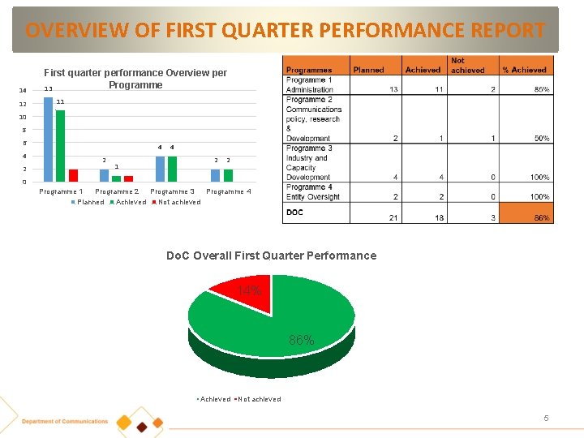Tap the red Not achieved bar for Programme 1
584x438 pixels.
[73, 175]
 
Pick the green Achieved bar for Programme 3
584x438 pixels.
[172, 169]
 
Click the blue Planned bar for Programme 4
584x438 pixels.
[215, 175]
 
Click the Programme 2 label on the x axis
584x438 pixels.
[117, 191]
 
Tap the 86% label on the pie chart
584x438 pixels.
[302, 340]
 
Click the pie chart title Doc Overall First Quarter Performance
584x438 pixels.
[271, 255]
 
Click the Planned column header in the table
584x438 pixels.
[369, 70]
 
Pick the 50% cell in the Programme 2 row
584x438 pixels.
[540, 138]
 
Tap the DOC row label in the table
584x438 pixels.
[295, 213]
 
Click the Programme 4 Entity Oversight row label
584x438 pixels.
[313, 192]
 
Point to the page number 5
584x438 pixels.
[546, 418]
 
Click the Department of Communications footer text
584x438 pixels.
[65, 421]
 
